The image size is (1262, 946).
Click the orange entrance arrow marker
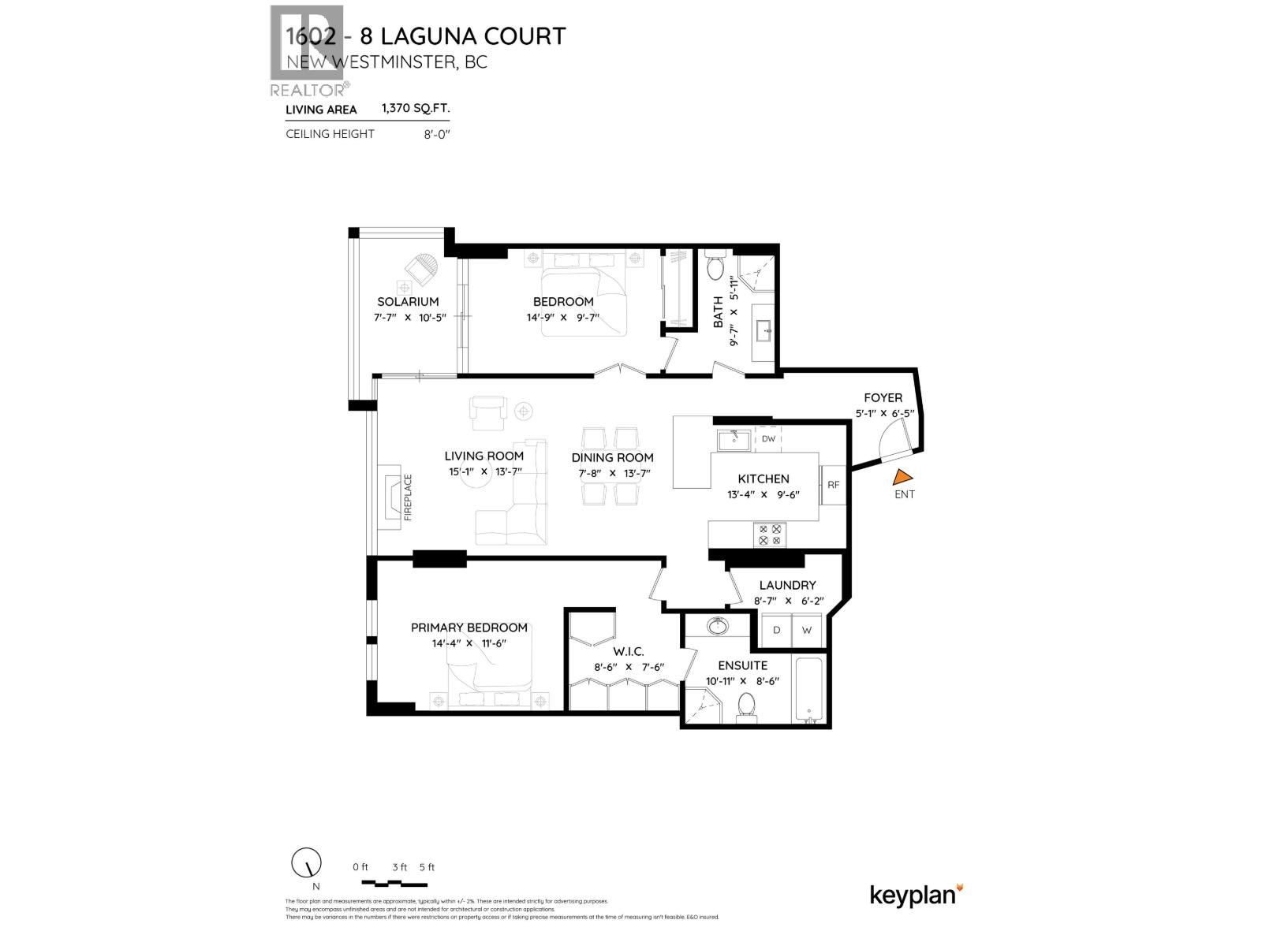903,477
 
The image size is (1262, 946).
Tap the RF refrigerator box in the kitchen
833,485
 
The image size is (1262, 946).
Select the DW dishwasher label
768,438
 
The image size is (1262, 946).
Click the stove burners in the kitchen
770,534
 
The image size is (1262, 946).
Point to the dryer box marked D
776,630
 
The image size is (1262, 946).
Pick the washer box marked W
806,630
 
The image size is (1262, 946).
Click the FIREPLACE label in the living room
408,497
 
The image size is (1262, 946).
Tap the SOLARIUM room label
408,301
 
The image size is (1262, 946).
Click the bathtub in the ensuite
810,690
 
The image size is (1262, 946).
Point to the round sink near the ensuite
718,627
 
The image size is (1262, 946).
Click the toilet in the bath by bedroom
715,268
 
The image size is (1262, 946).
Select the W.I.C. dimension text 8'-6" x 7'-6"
629,667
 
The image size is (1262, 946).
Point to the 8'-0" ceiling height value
435,134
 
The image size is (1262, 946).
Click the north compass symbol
307,863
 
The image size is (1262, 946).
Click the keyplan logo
916,895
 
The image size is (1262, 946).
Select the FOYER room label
883,397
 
